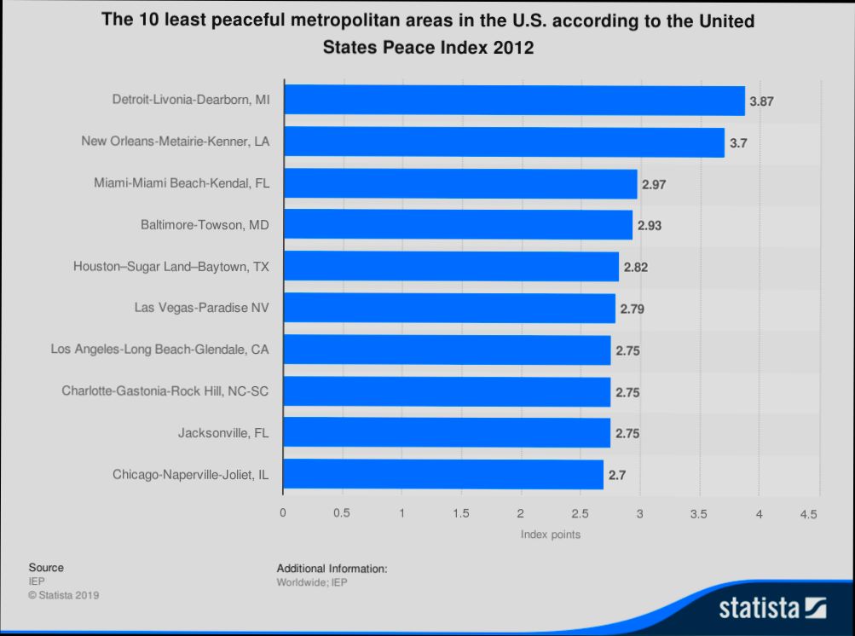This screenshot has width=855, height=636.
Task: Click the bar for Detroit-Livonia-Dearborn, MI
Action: coord(514,101)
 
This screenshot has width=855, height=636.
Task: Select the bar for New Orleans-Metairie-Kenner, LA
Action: coord(504,142)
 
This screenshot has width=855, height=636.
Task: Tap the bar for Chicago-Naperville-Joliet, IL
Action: coord(443,474)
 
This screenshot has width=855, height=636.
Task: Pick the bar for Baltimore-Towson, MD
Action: coord(458,225)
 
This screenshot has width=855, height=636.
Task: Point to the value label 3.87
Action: coord(761,101)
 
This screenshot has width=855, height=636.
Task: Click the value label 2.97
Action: coord(654,184)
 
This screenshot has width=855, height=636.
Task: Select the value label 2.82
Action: coord(636,267)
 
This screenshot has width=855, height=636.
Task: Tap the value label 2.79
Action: coord(632,309)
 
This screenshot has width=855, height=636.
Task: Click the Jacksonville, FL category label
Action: coord(223,433)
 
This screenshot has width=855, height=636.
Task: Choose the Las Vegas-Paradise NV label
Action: coord(201,308)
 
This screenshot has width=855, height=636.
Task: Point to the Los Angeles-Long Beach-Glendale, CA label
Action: coord(159,349)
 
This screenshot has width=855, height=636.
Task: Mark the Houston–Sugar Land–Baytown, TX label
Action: coord(170,267)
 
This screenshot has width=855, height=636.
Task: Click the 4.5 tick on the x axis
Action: coord(809,514)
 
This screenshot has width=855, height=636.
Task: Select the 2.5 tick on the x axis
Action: coord(580,514)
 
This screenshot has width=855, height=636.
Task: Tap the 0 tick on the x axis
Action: coord(283,514)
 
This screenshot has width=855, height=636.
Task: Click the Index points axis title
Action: coord(551,535)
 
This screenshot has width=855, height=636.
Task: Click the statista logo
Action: coord(772,608)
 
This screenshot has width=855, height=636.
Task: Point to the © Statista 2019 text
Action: coord(64,595)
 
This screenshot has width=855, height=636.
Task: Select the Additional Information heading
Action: coord(332,568)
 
